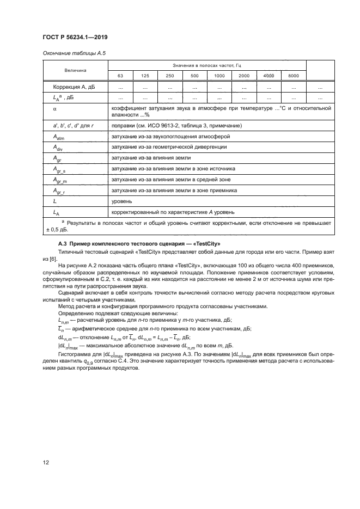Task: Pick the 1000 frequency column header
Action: click(x=219, y=76)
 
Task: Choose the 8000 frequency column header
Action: click(x=293, y=76)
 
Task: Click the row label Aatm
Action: click(x=58, y=137)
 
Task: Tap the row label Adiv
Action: click(x=58, y=148)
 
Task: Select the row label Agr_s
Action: click(x=59, y=169)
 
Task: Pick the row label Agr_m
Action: click(x=60, y=180)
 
